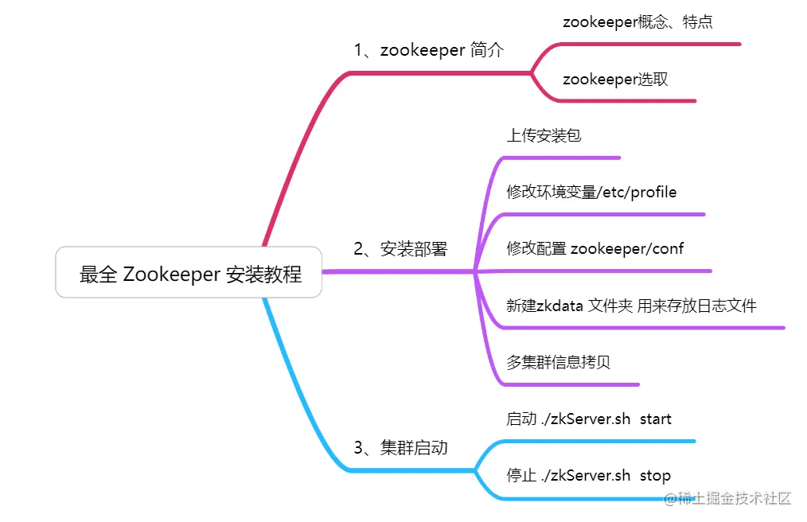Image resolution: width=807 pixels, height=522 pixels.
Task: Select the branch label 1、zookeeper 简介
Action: (x=429, y=50)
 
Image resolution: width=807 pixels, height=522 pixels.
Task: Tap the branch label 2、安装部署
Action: (x=400, y=249)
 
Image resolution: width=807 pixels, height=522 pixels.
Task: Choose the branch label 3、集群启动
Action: (x=400, y=448)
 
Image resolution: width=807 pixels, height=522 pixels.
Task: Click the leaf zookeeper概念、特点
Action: (x=637, y=22)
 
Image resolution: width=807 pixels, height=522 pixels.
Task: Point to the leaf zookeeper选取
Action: (x=615, y=80)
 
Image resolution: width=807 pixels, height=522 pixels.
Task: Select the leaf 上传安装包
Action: (x=544, y=135)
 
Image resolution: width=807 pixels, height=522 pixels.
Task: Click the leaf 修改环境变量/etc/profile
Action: (x=591, y=193)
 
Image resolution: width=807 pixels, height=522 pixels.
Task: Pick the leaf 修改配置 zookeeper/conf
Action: (x=595, y=249)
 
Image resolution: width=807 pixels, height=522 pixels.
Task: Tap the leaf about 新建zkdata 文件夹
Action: (x=631, y=306)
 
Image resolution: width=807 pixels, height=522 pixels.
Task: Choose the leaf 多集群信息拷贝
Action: (x=558, y=363)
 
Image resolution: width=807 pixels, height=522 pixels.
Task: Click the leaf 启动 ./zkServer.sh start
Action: (x=589, y=419)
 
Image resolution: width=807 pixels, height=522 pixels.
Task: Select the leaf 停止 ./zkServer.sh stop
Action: (x=588, y=476)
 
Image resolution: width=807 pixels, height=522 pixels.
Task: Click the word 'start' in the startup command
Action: (x=656, y=419)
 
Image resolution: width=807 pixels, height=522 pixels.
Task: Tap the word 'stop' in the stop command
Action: (x=655, y=476)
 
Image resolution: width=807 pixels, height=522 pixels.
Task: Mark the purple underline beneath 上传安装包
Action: (x=557, y=158)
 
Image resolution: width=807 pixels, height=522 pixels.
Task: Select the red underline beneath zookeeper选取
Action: (x=629, y=101)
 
